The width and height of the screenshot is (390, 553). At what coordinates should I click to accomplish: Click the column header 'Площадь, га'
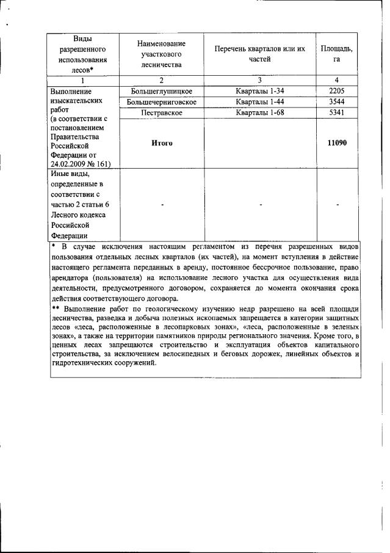click(336, 54)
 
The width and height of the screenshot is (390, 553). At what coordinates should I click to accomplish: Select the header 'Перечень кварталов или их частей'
click(259, 54)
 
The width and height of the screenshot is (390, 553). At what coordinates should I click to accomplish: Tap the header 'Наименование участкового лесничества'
click(161, 54)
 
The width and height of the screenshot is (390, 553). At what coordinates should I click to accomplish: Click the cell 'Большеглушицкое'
click(161, 91)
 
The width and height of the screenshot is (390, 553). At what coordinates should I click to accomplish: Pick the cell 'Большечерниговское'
click(161, 102)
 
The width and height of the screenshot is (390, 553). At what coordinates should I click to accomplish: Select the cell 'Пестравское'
click(161, 113)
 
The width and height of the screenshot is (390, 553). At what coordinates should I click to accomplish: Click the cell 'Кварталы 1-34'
click(259, 91)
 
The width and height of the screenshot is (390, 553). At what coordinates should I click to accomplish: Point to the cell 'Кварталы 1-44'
click(259, 102)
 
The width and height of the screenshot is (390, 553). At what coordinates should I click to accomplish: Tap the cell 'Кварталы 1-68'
click(259, 113)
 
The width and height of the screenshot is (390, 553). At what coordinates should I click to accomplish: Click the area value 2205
click(336, 91)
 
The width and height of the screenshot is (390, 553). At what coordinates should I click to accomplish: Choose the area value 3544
click(336, 102)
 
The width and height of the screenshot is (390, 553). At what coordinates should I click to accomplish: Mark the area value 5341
click(336, 113)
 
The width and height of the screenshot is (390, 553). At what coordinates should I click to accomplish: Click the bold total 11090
click(336, 143)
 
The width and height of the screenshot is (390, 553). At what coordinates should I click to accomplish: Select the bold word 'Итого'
click(161, 143)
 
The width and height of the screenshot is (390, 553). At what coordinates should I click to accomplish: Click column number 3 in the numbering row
click(259, 80)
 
